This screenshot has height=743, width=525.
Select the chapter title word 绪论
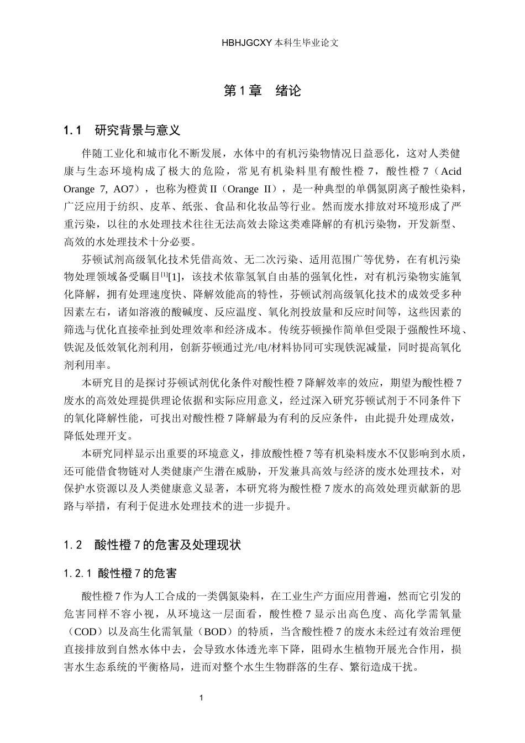(288, 90)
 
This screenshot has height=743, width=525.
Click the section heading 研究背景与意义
(138, 130)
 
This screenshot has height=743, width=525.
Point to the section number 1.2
(73, 545)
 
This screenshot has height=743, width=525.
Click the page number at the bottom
(201, 698)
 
